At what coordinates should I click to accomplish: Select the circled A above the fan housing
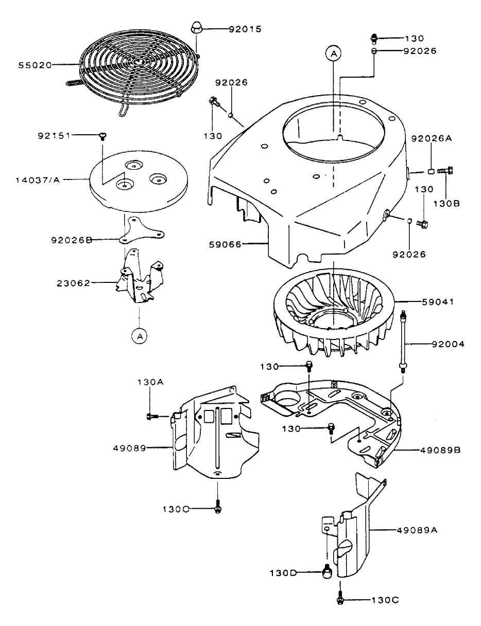pos(333,53)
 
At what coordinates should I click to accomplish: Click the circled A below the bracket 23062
pos(139,335)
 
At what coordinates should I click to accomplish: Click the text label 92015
pos(245,29)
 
